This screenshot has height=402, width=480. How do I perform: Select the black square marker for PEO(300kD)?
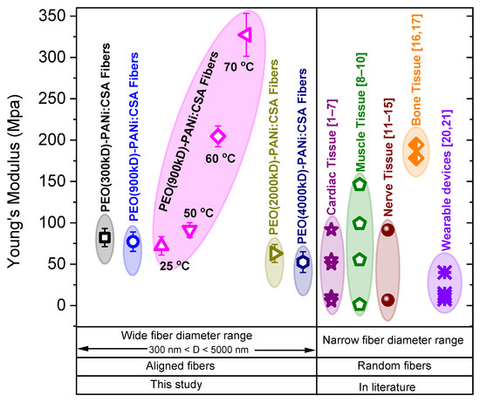[105, 237]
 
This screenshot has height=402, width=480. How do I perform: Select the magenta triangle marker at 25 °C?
[161, 246]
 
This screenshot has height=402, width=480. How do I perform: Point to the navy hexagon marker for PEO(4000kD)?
[303, 262]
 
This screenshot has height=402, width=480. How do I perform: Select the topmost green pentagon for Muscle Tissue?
[359, 184]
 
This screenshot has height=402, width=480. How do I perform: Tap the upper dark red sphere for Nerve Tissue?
[387, 229]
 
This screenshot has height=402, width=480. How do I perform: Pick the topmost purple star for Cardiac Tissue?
[331, 230]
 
